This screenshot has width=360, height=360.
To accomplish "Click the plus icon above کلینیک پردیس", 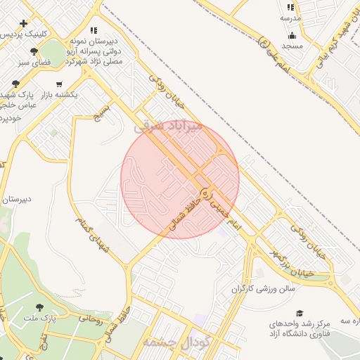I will click(x=24, y=23).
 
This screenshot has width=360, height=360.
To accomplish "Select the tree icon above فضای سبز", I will click(x=34, y=51).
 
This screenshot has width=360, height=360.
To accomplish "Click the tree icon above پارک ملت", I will click(x=39, y=307).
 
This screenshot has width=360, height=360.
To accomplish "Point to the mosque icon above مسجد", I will click(x=292, y=35).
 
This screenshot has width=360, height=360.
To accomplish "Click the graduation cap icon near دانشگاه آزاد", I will click(x=300, y=313).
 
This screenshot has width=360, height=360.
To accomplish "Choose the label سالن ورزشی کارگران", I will click(x=264, y=288).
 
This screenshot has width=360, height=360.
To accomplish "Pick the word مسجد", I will click(x=292, y=46).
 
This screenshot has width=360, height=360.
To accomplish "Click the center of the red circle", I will click(x=180, y=179).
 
